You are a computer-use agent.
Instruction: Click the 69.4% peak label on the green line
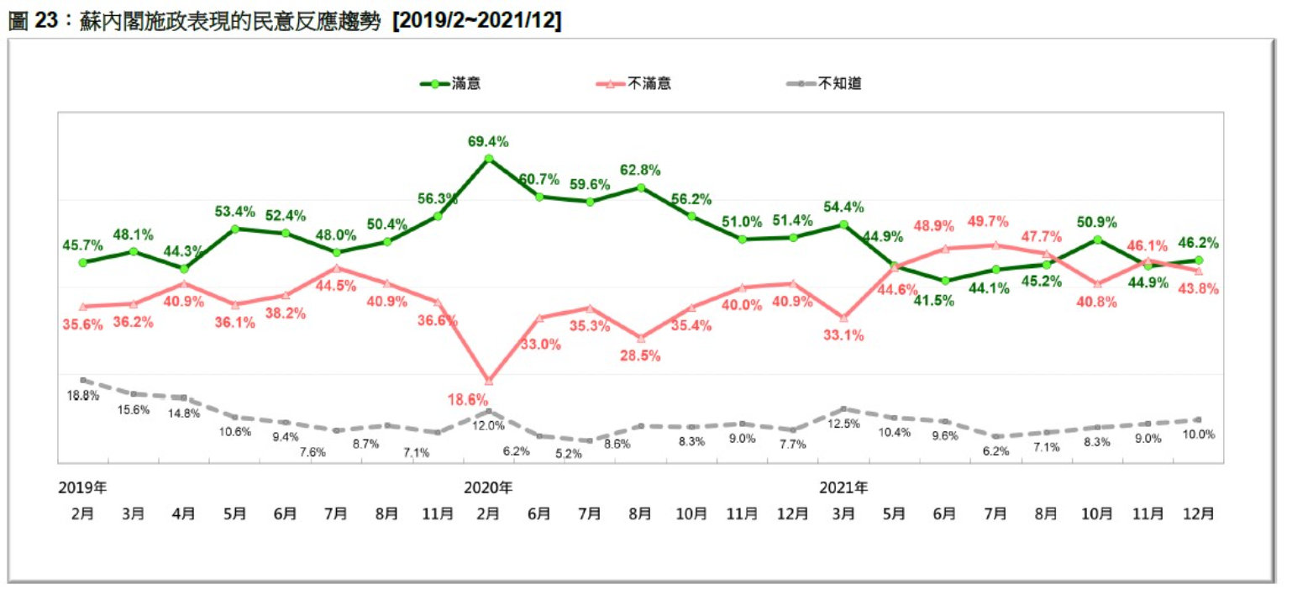pyautogui.click(x=488, y=141)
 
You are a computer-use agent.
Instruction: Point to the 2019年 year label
pyautogui.click(x=82, y=487)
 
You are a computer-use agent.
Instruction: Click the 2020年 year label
pyautogui.click(x=488, y=487)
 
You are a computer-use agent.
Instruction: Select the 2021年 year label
pyautogui.click(x=843, y=487)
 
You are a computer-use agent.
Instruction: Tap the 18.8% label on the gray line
pyautogui.click(x=83, y=394)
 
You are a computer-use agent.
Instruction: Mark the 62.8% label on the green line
pyautogui.click(x=640, y=170)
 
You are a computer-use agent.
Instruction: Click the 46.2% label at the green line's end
pyautogui.click(x=1199, y=243)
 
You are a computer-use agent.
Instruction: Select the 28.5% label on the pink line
pyautogui.click(x=640, y=355)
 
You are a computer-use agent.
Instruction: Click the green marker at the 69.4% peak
pyautogui.click(x=488, y=158)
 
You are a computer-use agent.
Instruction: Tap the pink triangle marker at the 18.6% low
pyautogui.click(x=488, y=381)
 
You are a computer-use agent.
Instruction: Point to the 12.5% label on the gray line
pyautogui.click(x=844, y=424)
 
